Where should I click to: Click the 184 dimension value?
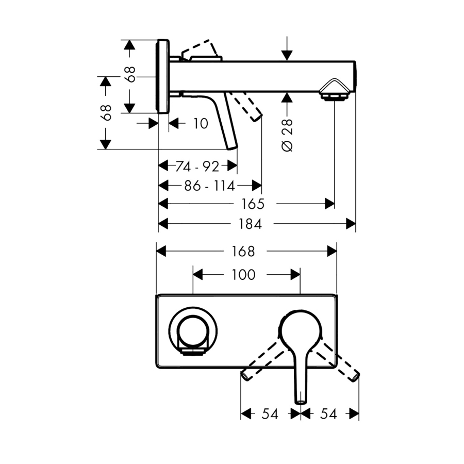tap(250, 224)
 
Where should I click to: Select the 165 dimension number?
tap(253, 204)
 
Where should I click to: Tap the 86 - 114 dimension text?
tap(209, 185)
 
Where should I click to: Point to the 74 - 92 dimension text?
tap(197, 166)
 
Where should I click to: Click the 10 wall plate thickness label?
tap(201, 123)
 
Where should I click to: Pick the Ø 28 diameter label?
tap(288, 135)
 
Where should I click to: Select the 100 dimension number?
tap(244, 275)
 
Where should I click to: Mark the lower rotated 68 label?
tap(107, 112)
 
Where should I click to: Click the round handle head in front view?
tap(301, 329)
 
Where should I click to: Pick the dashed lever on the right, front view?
tap(338, 363)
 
